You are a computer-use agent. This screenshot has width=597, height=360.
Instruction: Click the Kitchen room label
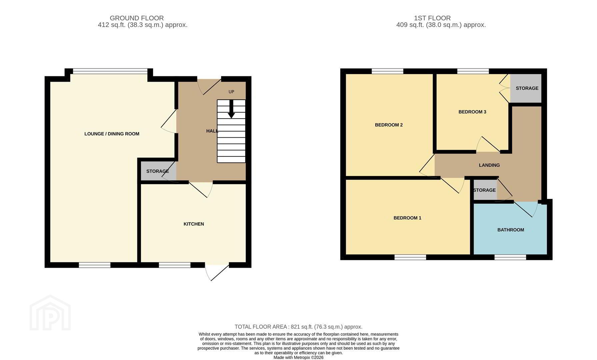coord(194,224)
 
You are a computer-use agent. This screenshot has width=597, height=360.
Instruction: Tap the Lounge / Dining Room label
coord(112,134)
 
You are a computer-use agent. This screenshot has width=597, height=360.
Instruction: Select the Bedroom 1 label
coord(407,218)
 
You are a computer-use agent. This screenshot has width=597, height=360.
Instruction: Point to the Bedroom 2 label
coord(389,125)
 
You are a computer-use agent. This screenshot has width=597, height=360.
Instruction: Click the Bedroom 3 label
coord(472,112)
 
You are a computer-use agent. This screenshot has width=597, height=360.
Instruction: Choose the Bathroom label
coord(511,230)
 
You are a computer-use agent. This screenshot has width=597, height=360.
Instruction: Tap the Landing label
coord(489,165)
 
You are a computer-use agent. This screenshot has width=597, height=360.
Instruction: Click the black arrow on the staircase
coord(231,109)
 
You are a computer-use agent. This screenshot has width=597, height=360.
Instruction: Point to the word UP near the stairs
coord(231,92)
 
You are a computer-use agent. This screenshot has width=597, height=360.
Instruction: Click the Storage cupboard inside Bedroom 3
coord(526,88)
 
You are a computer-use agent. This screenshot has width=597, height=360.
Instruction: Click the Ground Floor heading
coord(137,18)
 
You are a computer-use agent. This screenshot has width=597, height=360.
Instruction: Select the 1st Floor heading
coord(432,18)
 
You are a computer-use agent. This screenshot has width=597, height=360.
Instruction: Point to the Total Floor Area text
coord(298,327)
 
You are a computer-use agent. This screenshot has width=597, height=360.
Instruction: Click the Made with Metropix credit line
coord(298,358)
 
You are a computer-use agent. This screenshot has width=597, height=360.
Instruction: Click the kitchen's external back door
coord(217,272)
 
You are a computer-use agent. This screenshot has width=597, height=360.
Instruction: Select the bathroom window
coord(510,257)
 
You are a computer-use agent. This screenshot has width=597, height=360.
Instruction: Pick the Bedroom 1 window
coord(410,257)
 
